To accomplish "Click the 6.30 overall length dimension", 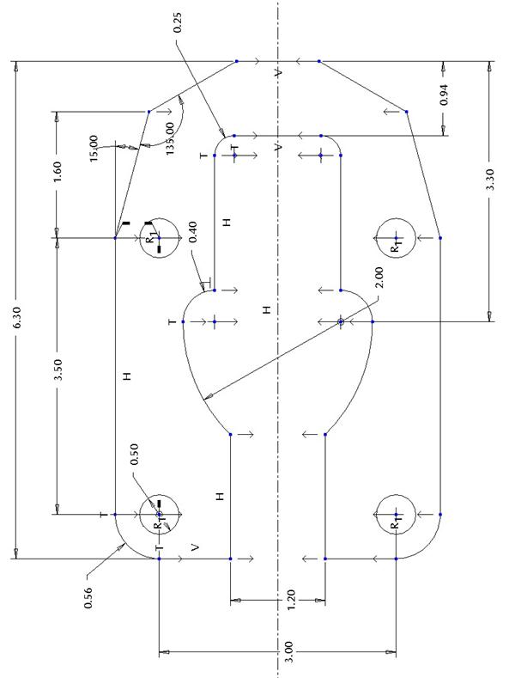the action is [x=17, y=317].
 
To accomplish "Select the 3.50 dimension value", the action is [x=58, y=369].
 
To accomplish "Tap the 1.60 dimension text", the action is [x=58, y=171].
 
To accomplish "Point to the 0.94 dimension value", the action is [x=444, y=95].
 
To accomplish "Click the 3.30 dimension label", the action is [x=490, y=179].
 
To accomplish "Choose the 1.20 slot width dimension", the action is [x=291, y=600].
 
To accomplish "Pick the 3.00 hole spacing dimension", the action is [x=289, y=651].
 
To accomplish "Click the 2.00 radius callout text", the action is [x=379, y=278].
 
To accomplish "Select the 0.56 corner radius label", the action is [x=88, y=597].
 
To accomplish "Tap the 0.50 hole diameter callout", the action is [x=135, y=454].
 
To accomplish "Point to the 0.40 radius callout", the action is [x=193, y=232].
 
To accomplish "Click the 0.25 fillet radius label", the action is [x=178, y=23].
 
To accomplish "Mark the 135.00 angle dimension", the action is [x=170, y=138].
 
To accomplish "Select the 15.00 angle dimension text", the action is [x=94, y=149].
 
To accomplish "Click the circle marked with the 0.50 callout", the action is [x=159, y=495].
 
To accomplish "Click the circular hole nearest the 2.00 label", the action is [x=396, y=218].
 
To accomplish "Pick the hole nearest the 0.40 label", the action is [x=159, y=218].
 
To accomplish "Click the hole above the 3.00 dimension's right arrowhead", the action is [x=396, y=495].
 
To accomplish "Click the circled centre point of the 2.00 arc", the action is [x=341, y=321].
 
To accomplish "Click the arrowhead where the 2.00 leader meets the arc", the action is [x=209, y=396].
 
